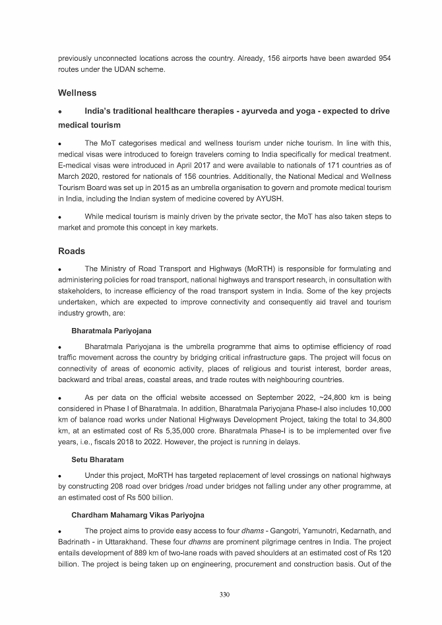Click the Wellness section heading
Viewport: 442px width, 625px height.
[77, 93]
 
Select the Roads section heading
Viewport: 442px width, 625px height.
[72, 251]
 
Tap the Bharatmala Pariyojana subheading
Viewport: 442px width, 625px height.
[112, 329]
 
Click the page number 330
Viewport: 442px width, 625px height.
[224, 595]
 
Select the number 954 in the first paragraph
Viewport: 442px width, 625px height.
[383, 59]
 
